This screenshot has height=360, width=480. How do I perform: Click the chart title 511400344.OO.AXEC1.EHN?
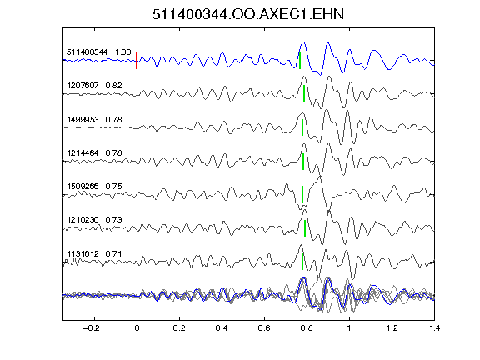[x=248, y=14]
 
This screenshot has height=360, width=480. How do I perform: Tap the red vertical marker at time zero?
[x=137, y=60]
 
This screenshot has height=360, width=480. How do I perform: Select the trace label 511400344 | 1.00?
[x=99, y=52]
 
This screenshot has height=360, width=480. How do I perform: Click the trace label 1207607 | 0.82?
[x=95, y=85]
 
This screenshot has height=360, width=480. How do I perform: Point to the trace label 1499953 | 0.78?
[x=95, y=119]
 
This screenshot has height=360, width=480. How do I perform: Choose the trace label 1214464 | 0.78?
[x=95, y=152]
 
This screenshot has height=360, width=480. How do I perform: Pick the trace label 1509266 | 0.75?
[x=95, y=186]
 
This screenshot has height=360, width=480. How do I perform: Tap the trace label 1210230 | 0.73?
[x=95, y=219]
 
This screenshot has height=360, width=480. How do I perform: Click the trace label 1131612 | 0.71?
[x=95, y=254]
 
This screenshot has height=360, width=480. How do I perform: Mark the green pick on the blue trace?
[x=300, y=60]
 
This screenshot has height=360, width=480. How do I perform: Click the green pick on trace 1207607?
[x=304, y=93]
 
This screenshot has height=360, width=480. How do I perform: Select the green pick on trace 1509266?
[x=302, y=194]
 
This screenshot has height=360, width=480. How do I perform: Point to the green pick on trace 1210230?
[x=305, y=228]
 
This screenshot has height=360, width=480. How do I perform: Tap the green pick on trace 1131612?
[x=302, y=262]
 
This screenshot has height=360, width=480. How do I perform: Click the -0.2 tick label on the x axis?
[x=91, y=328]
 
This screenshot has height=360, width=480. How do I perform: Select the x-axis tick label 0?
[x=137, y=328]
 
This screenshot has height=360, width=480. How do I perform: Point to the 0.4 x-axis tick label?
[x=222, y=328]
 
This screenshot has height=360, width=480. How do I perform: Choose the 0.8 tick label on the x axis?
[x=307, y=328]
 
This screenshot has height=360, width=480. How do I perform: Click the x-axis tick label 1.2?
[x=392, y=328]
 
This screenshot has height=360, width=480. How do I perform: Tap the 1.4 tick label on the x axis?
[x=435, y=328]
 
